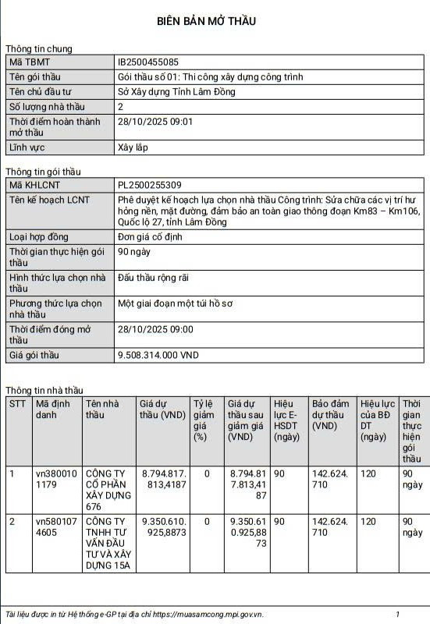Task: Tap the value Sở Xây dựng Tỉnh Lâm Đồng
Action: coord(176,91)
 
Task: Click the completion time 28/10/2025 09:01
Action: coord(155,122)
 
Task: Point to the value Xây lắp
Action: coord(133,147)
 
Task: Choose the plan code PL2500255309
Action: coord(149,185)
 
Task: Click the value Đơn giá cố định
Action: coord(155,236)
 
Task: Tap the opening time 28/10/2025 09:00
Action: coord(155,329)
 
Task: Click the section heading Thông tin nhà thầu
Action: coord(44,390)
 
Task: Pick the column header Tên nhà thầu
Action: coord(102,409)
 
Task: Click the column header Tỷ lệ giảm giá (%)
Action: coord(204,420)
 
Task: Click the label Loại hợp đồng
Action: coord(39,236)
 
